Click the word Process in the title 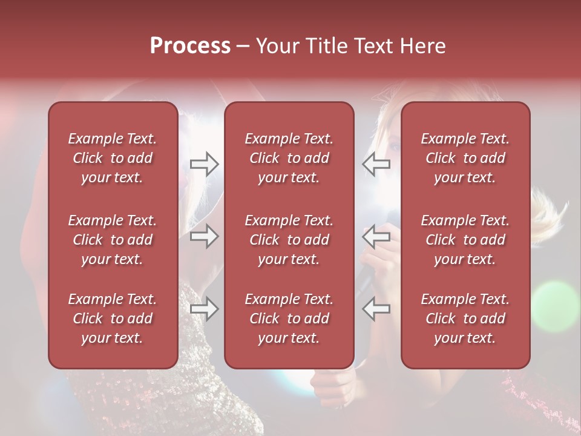click(x=190, y=46)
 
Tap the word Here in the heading click(x=423, y=46)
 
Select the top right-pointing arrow click(x=205, y=164)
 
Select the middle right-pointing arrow click(x=205, y=236)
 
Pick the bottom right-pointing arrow click(x=205, y=309)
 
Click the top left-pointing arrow click(x=376, y=164)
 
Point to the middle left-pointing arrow click(x=376, y=236)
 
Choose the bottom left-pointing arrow click(x=376, y=309)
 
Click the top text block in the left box click(x=113, y=158)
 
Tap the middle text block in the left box click(x=113, y=240)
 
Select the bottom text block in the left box click(x=113, y=319)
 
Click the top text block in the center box click(x=289, y=158)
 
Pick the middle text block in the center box click(x=289, y=240)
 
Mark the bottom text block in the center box click(x=289, y=319)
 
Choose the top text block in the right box click(x=465, y=158)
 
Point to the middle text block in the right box click(x=465, y=240)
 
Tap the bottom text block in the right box click(x=465, y=319)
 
